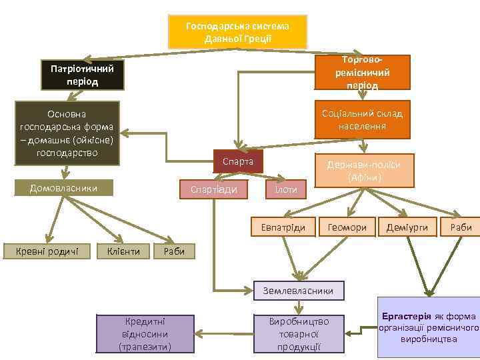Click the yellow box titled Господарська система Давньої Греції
click(237, 31)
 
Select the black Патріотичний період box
click(83, 75)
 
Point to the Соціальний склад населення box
click(362, 119)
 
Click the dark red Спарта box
click(237, 162)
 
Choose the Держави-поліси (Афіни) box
click(363, 171)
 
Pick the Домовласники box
click(64, 188)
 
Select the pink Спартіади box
click(214, 189)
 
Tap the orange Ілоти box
click(286, 189)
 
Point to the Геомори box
click(347, 227)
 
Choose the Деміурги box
click(407, 227)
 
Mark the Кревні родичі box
click(42, 251)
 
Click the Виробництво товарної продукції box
click(299, 333)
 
